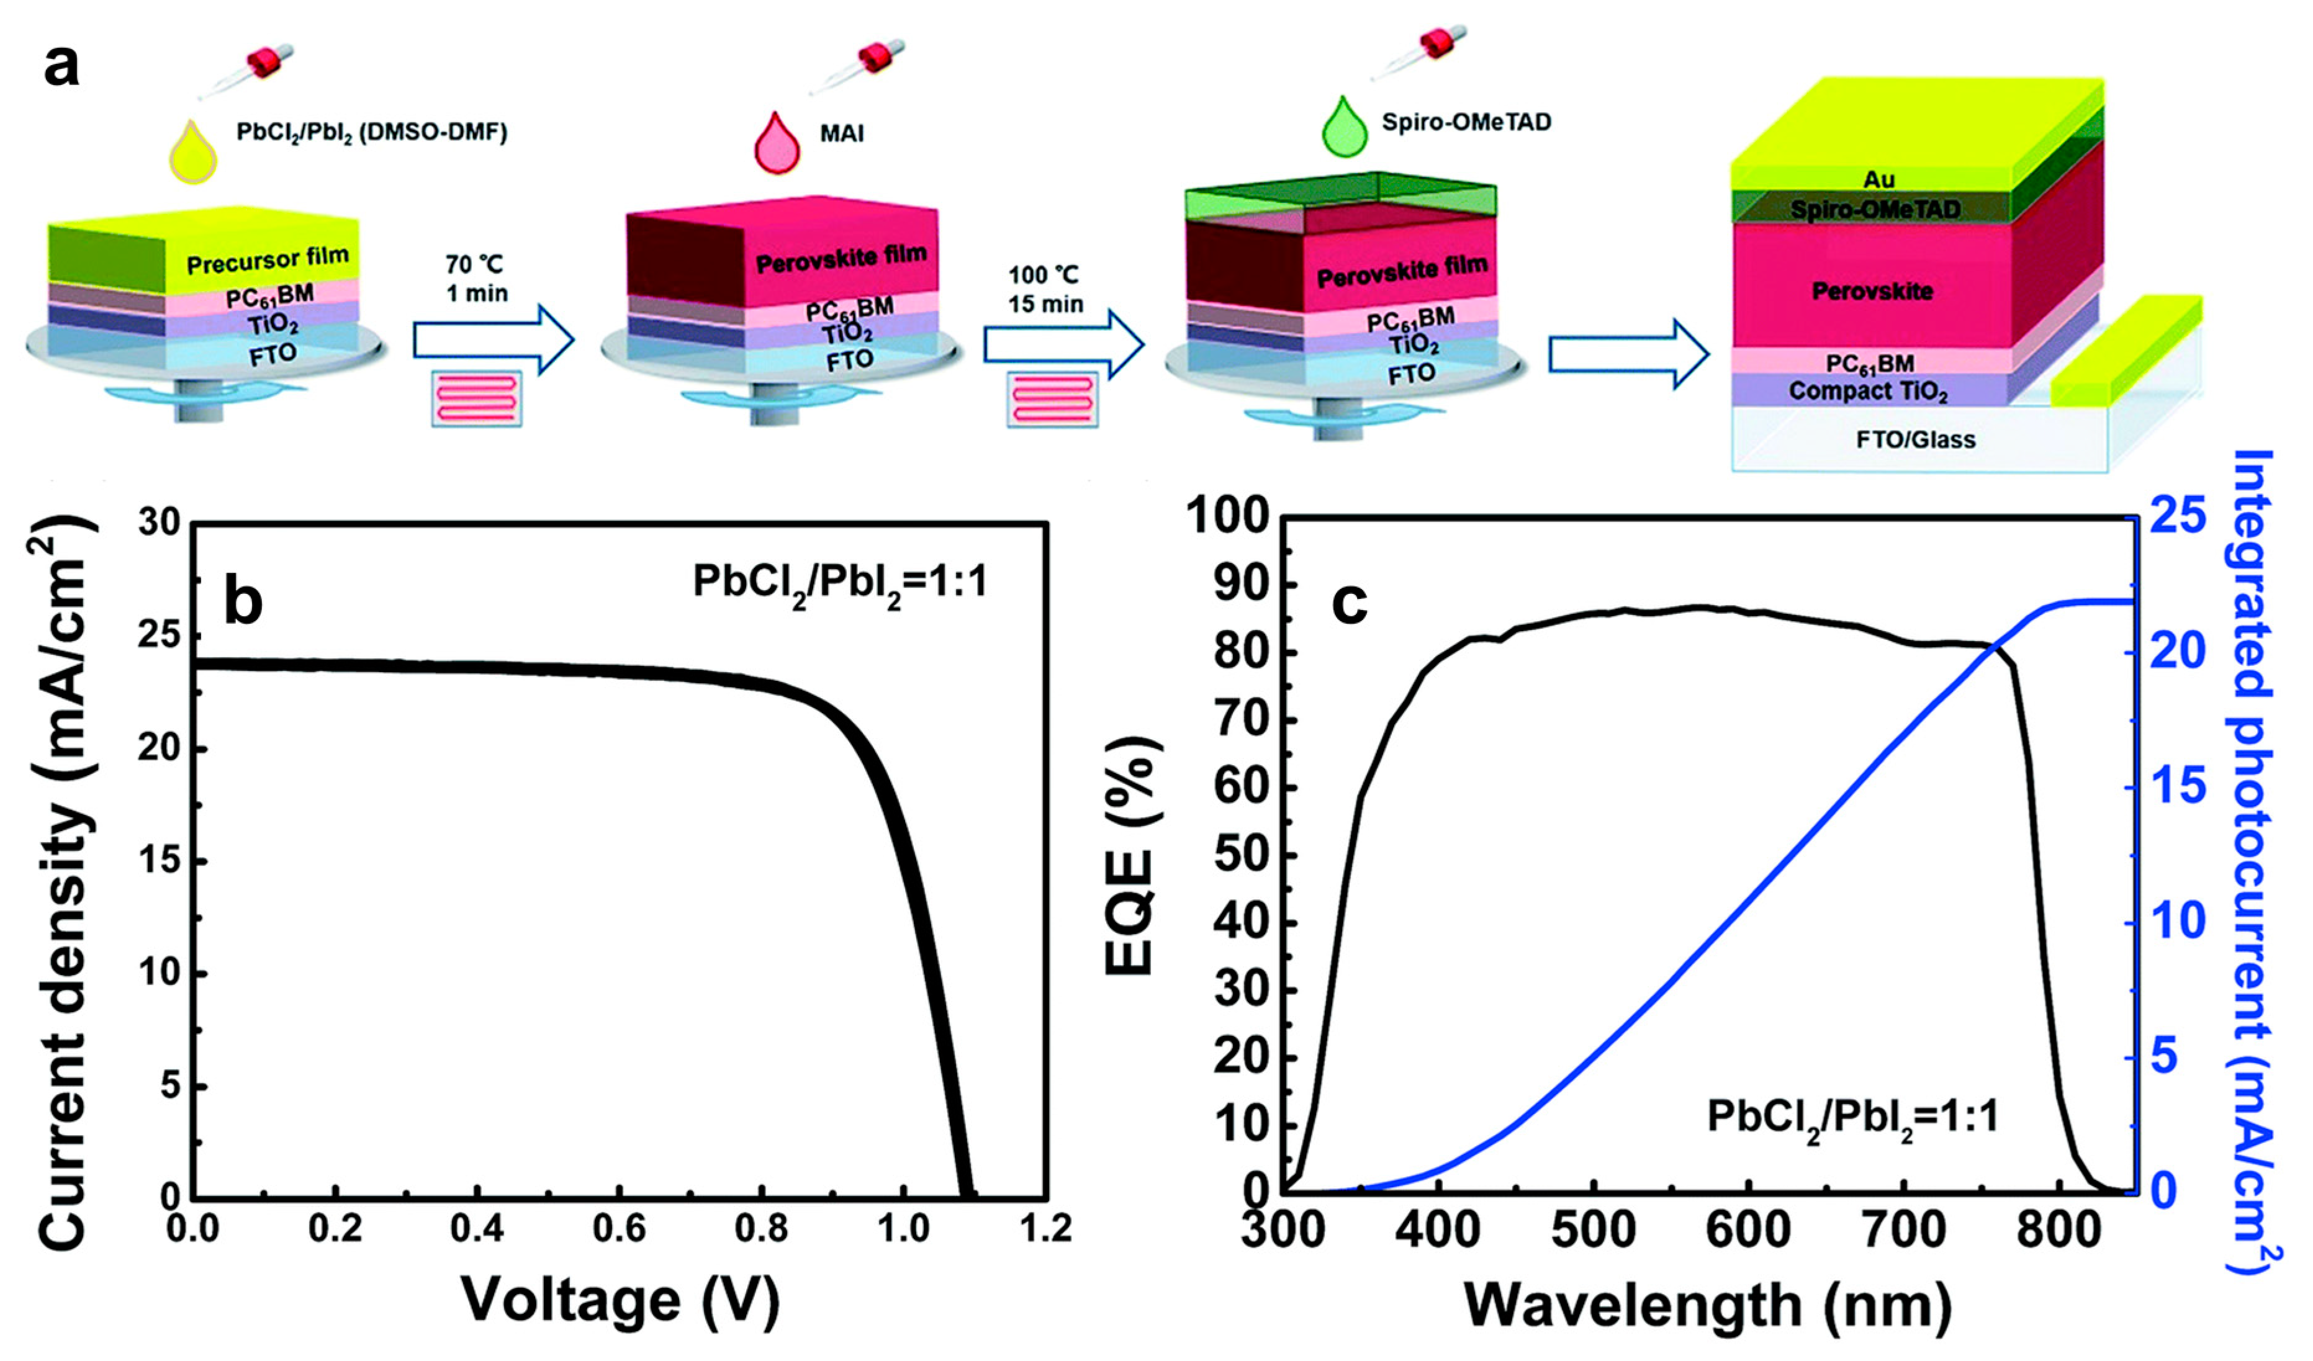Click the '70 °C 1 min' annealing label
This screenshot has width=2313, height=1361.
click(x=476, y=279)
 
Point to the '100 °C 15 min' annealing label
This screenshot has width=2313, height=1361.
click(x=1045, y=289)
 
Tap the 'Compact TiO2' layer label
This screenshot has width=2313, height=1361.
click(x=1868, y=392)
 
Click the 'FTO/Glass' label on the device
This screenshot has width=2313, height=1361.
click(x=1916, y=439)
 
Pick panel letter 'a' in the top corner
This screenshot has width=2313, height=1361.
click(x=61, y=66)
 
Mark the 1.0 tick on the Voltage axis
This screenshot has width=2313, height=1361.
click(x=903, y=1228)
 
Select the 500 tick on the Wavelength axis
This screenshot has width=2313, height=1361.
click(x=1594, y=1230)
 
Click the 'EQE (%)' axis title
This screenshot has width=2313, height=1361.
click(x=1131, y=853)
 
